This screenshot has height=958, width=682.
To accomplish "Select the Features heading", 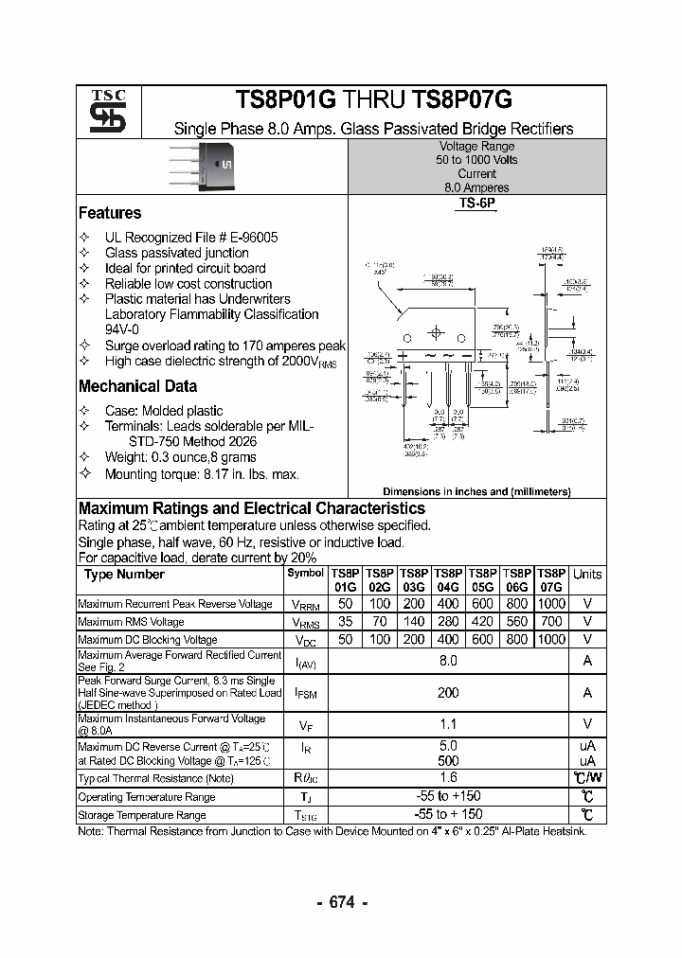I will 110,213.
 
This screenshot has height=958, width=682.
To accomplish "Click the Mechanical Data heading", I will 137,386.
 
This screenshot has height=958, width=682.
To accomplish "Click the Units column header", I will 587,574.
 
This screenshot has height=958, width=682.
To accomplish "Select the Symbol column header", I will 305,573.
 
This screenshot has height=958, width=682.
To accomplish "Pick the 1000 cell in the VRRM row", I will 550,604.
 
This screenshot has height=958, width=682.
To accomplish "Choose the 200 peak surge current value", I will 448,693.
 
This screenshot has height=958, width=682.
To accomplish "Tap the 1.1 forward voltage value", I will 448,724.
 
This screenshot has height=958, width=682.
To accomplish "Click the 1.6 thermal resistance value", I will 448,778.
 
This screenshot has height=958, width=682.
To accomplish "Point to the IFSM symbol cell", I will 305,694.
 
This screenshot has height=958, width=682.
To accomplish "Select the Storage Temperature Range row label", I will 142,815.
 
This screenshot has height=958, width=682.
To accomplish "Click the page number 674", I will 341,903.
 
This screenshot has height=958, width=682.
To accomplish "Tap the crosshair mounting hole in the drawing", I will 436,333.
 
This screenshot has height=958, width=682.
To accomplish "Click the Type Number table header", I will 124,575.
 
